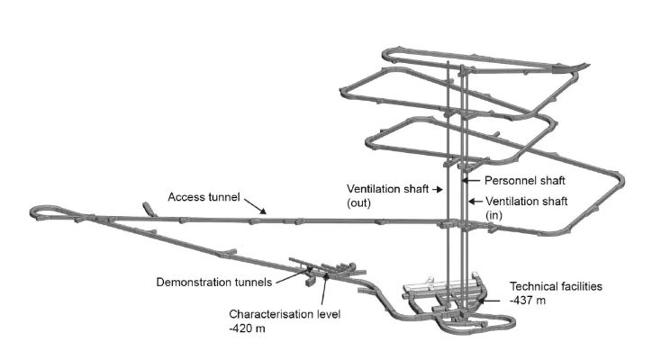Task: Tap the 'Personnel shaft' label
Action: pos(508,180)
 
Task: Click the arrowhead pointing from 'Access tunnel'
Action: pos(265,212)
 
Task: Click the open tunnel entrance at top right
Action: pos(586,65)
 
